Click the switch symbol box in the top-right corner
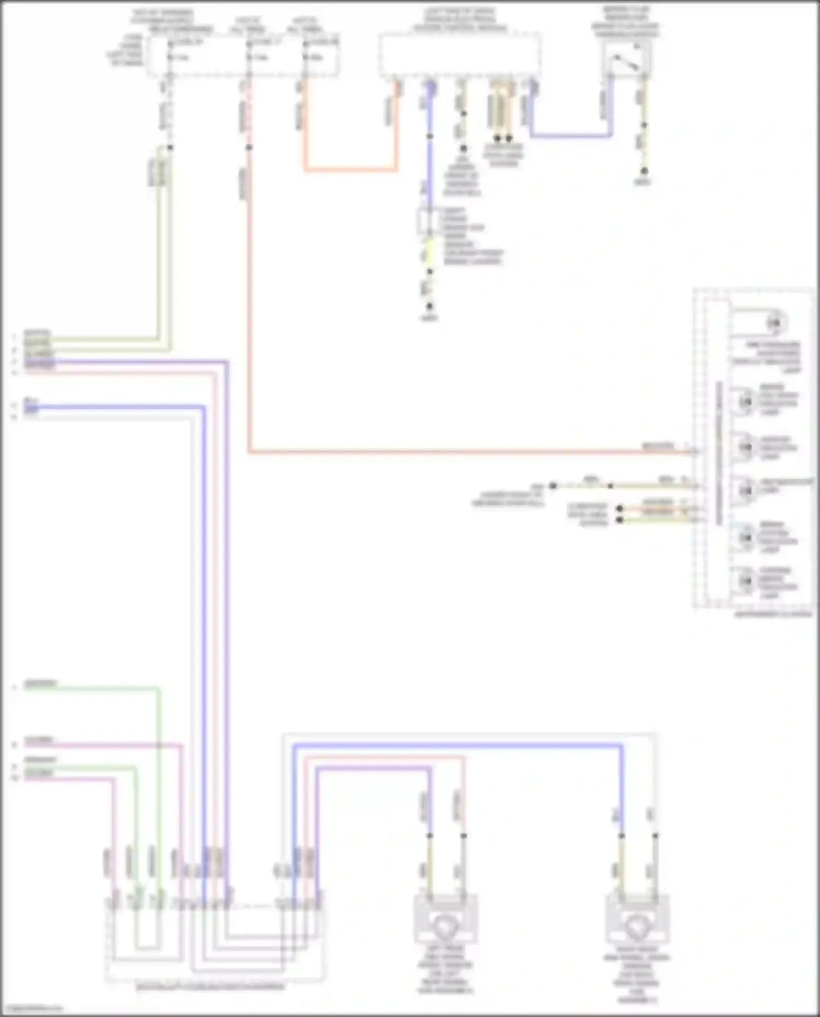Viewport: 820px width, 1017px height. point(627,59)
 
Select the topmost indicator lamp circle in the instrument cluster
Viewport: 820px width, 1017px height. point(773,324)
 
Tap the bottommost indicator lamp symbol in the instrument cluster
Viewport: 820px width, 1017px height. point(745,580)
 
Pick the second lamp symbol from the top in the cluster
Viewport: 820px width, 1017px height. point(745,402)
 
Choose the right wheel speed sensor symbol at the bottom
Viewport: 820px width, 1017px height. point(637,922)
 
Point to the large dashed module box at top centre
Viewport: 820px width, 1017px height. point(460,55)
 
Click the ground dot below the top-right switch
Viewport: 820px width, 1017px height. point(644,171)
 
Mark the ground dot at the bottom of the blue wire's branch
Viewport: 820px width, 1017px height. point(430,307)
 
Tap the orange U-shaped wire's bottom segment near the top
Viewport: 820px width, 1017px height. point(350,170)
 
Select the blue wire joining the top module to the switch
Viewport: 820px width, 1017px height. point(569,135)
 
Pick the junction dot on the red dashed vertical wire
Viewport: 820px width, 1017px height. point(249,148)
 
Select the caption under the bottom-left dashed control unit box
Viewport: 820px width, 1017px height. point(210,987)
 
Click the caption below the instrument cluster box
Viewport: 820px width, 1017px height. point(772,614)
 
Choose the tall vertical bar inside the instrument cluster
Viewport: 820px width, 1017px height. point(719,454)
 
